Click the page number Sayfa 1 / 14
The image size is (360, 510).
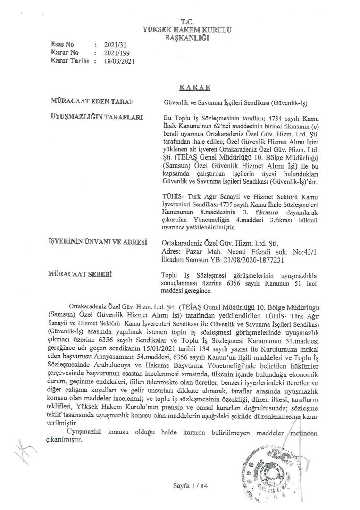190,486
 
